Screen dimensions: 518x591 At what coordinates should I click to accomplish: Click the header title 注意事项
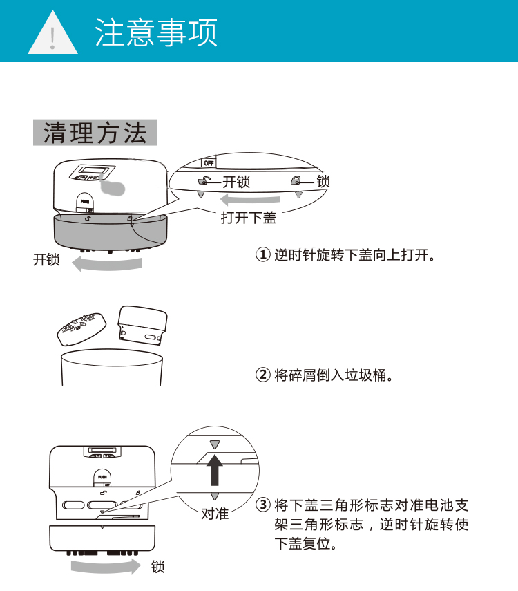tap(156, 32)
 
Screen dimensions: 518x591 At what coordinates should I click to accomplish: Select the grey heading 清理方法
tap(95, 133)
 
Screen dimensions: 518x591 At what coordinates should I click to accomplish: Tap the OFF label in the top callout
tap(209, 163)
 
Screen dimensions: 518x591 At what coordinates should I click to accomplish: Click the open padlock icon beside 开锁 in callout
tap(204, 181)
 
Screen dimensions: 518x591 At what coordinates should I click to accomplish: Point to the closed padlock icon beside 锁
tap(296, 180)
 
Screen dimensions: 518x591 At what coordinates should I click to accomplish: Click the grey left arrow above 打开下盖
tap(250, 199)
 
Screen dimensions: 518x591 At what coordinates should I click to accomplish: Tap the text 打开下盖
tap(249, 218)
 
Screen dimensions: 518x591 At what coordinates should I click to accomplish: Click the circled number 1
tap(263, 254)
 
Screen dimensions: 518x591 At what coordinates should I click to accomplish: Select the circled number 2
tap(263, 375)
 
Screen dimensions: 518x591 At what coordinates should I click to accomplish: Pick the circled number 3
tap(263, 505)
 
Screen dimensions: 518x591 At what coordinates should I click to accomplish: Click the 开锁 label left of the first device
tap(46, 260)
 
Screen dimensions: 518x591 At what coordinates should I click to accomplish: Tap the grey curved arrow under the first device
tap(107, 264)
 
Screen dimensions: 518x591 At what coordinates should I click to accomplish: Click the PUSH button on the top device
tap(85, 203)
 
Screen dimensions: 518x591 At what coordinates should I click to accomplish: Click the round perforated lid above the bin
tap(81, 328)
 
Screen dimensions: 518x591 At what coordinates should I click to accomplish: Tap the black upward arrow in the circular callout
tap(215, 469)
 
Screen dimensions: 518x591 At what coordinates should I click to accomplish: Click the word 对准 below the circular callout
tap(215, 514)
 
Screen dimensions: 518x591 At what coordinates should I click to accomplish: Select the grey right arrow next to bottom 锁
tap(106, 567)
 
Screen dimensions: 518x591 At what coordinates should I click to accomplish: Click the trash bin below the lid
tap(112, 367)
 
